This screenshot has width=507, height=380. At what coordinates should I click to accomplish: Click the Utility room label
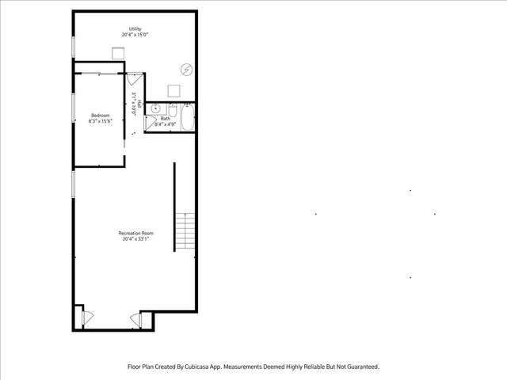coord(135,29)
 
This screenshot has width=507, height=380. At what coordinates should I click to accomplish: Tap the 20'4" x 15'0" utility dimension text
coord(135,35)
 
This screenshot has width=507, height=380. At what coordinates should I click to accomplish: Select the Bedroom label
coord(100,116)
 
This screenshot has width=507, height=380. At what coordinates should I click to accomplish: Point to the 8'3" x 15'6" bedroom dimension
coord(100,122)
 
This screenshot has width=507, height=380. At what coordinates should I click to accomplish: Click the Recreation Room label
coord(135,233)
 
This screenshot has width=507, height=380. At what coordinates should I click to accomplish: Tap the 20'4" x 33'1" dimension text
coord(135,238)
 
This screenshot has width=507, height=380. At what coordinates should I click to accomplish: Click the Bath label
coord(165,118)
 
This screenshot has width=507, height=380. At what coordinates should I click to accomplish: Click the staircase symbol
coord(185,230)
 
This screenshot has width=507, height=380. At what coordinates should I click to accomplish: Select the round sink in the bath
coord(156,108)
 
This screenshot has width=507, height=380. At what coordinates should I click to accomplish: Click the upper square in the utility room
coord(118,53)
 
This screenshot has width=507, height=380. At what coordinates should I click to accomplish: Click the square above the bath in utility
coord(173,92)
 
